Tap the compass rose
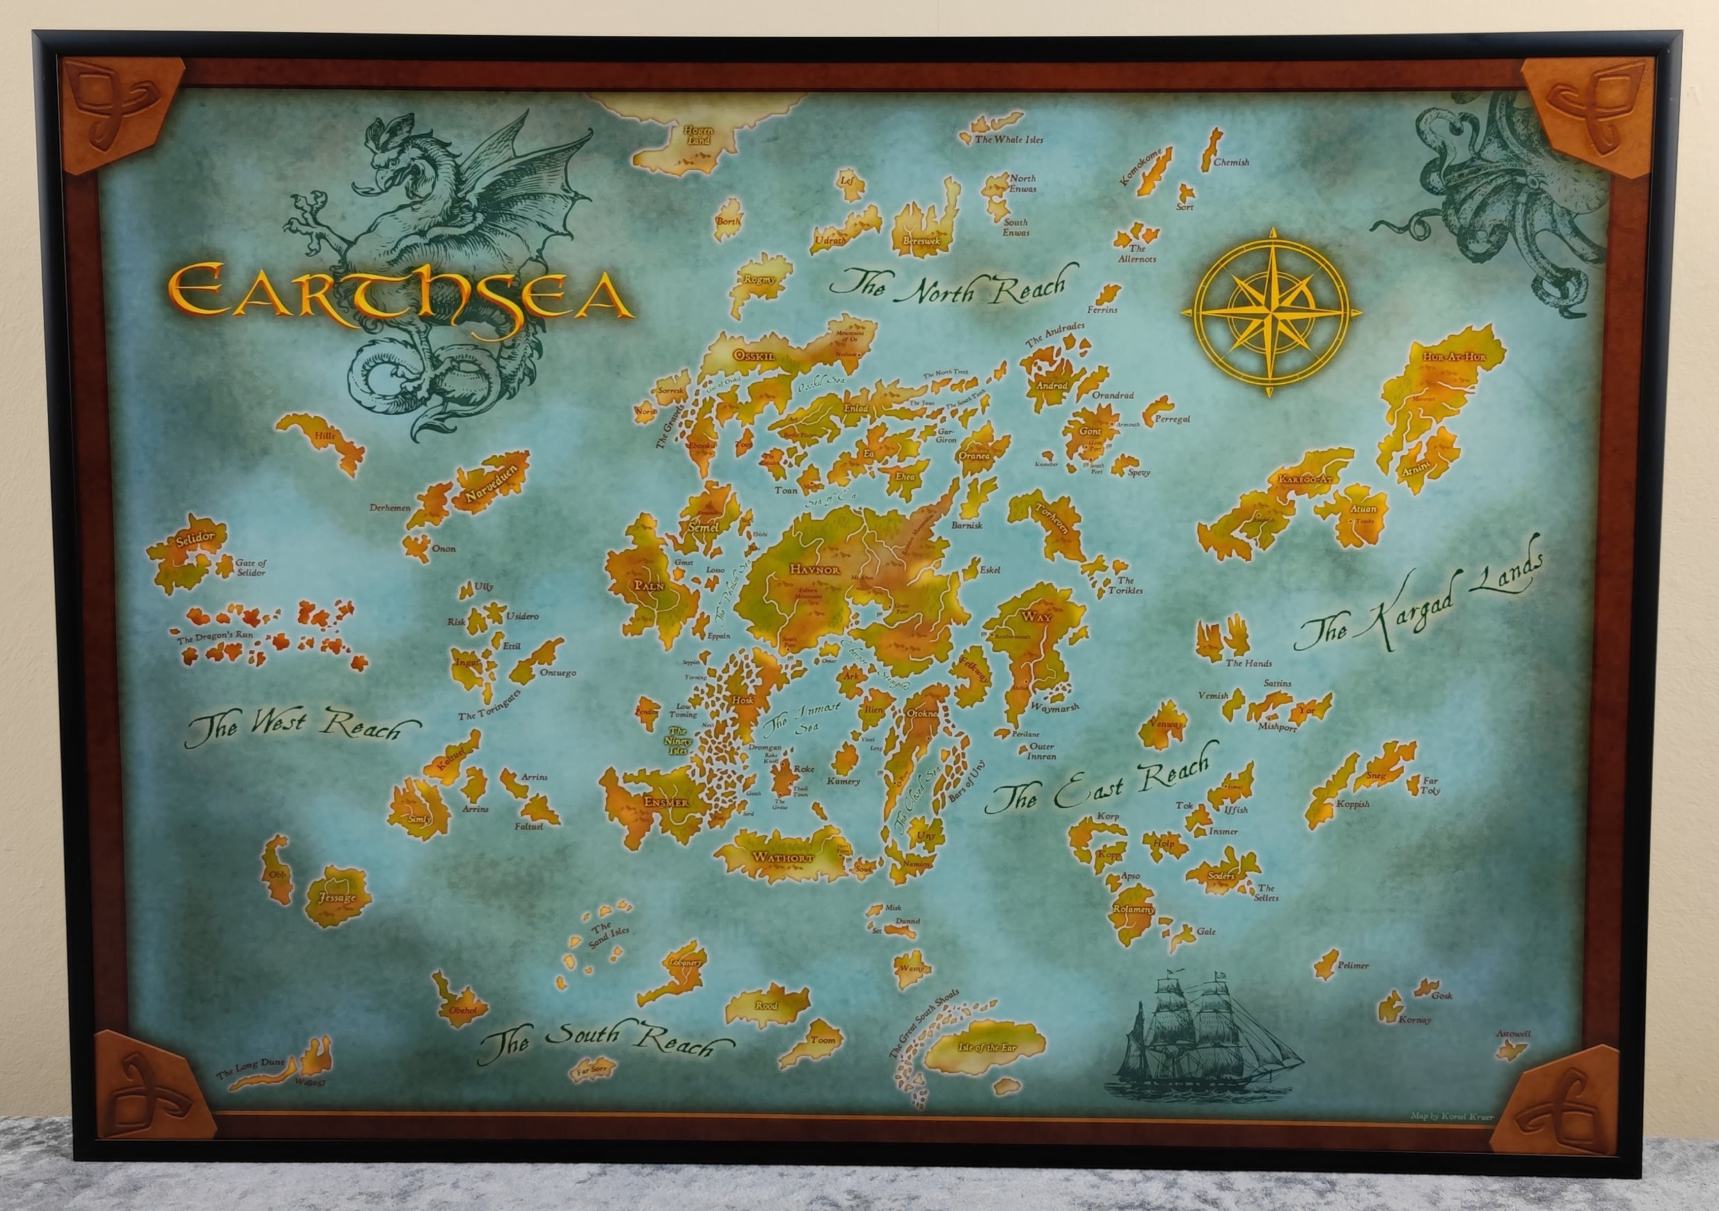pyautogui.click(x=1271, y=311)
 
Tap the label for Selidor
pyautogui.click(x=196, y=537)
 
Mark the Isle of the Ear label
pyautogui.click(x=982, y=1047)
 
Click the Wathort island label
pyautogui.click(x=779, y=857)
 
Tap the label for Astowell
pyautogui.click(x=1513, y=1034)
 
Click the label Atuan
pyautogui.click(x=1363, y=509)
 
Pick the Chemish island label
pyautogui.click(x=1231, y=161)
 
